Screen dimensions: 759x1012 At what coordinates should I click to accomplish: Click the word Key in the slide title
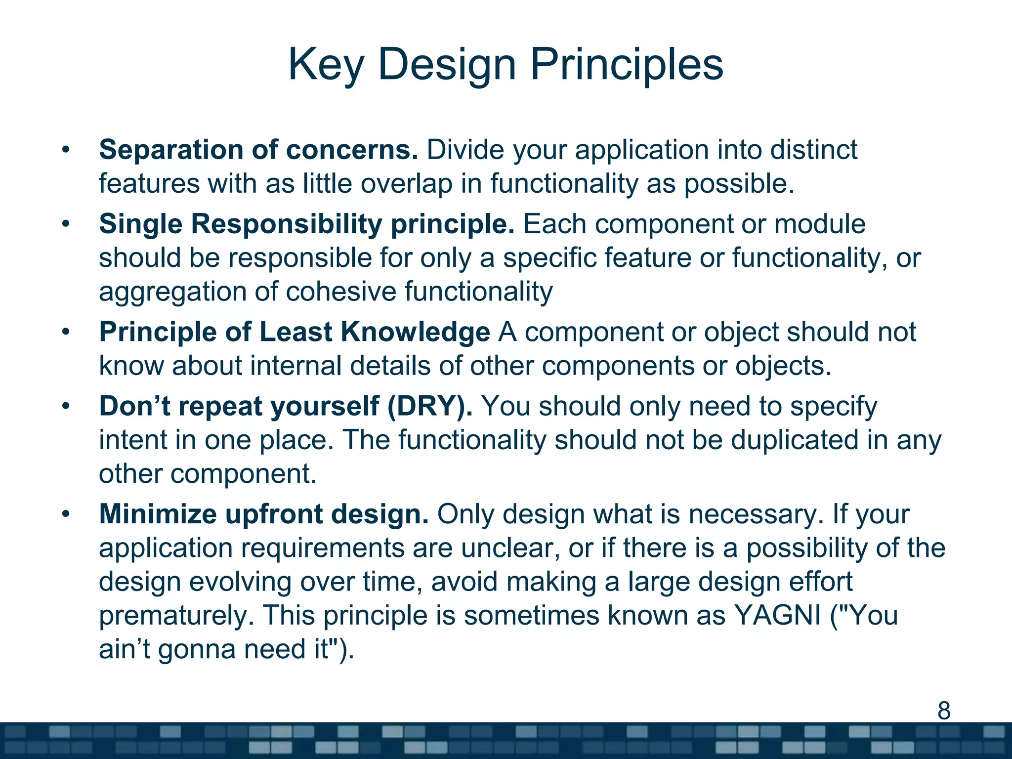[x=326, y=64]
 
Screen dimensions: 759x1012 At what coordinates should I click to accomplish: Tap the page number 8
[x=944, y=711]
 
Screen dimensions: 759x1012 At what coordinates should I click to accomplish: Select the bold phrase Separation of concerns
[x=258, y=150]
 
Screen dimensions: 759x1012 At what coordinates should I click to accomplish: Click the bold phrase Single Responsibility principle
[x=306, y=224]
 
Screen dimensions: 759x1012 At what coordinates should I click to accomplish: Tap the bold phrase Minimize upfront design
[x=264, y=514]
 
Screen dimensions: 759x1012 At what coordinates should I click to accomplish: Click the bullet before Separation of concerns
[x=66, y=150]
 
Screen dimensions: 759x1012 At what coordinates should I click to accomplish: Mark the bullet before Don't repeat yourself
[x=66, y=407]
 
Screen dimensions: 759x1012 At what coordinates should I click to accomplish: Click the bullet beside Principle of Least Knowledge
[x=66, y=332]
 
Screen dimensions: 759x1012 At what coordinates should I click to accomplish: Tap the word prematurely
[x=176, y=616]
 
